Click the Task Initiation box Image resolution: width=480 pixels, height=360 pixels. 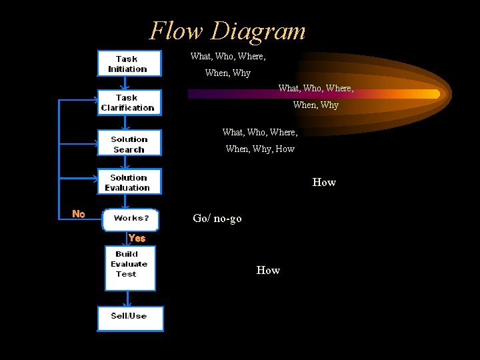[x=129, y=63]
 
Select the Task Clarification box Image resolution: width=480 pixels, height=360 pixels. [x=129, y=103]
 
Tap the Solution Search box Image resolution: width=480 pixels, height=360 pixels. [x=129, y=144]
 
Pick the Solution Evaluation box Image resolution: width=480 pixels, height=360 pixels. [x=129, y=182]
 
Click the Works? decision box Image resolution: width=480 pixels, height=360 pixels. [x=131, y=219]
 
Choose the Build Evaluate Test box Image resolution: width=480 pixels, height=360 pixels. [x=130, y=267]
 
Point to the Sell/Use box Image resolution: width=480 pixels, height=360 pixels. [x=130, y=318]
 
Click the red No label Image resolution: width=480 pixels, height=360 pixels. [x=79, y=214]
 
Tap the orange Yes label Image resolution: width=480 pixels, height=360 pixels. [x=137, y=238]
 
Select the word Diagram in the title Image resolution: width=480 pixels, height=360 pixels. [x=259, y=31]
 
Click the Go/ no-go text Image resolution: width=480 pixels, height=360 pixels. [x=217, y=219]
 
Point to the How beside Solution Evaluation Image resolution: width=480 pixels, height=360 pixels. [x=324, y=182]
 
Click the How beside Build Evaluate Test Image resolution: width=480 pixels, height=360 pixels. [x=268, y=270]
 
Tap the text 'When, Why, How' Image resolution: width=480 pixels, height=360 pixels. [x=260, y=149]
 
